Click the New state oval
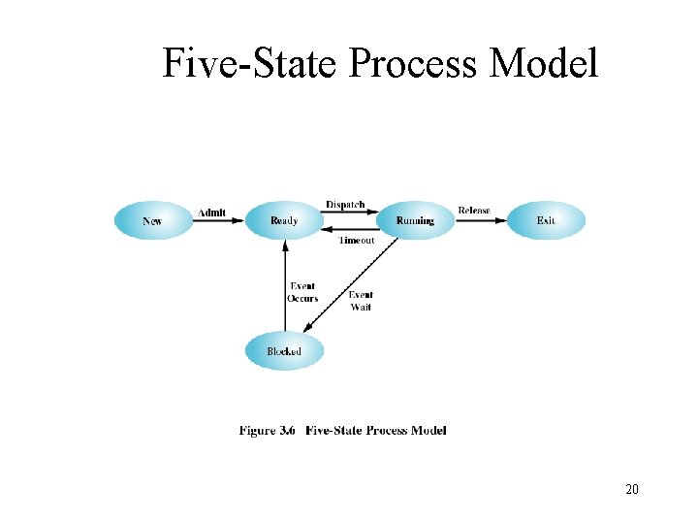pyautogui.click(x=153, y=220)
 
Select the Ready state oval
pyautogui.click(x=284, y=220)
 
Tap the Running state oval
pyautogui.click(x=415, y=220)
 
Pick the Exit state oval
pyautogui.click(x=547, y=220)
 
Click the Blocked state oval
pyautogui.click(x=284, y=351)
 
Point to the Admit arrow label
pyautogui.click(x=212, y=213)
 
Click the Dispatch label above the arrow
pyautogui.click(x=346, y=205)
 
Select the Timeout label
pyautogui.click(x=356, y=241)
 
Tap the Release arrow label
pyautogui.click(x=474, y=211)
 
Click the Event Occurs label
pyautogui.click(x=302, y=292)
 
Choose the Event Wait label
pyautogui.click(x=361, y=301)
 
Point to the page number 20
pyautogui.click(x=632, y=490)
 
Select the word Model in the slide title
pyautogui.click(x=545, y=64)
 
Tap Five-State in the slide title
pyautogui.click(x=248, y=64)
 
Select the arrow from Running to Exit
pyautogui.click(x=481, y=220)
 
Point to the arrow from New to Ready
pyautogui.click(x=218, y=221)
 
